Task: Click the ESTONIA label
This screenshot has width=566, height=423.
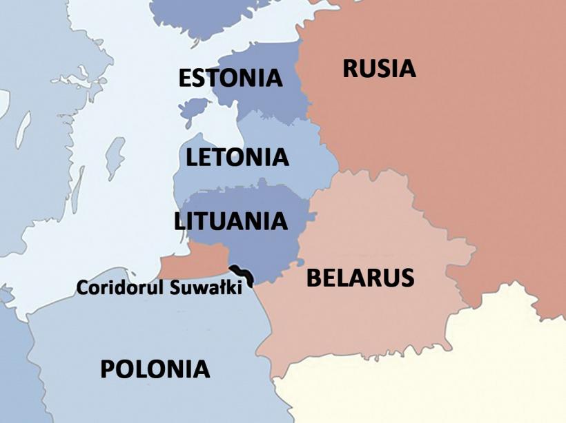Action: click(230, 78)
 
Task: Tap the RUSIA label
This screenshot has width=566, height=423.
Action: click(379, 69)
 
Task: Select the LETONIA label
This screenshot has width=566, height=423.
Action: click(237, 157)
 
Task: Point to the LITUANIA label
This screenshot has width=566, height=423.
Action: click(231, 221)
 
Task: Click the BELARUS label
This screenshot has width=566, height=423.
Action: click(360, 278)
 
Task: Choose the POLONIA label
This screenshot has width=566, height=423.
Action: click(155, 369)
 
